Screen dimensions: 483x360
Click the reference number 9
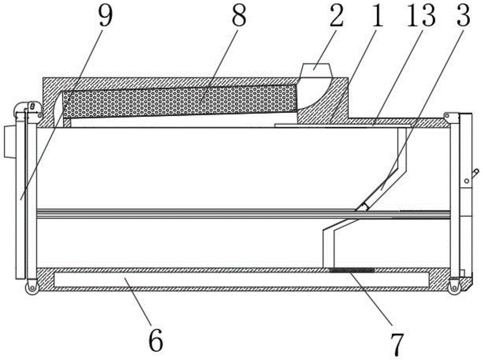(105, 17)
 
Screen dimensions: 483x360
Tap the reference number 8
(239, 17)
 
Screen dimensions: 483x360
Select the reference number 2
(336, 17)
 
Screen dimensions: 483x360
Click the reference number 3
(463, 17)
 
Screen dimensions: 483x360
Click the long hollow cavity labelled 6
(241, 279)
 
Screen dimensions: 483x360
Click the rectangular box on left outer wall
(9, 142)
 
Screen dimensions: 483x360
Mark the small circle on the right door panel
(467, 181)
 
